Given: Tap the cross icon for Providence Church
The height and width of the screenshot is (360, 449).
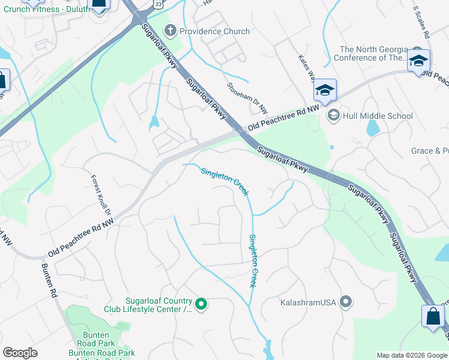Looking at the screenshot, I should (170, 31).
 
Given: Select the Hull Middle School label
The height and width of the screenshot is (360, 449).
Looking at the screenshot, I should (378, 116).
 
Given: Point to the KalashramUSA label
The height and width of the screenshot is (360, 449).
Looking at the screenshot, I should (307, 302).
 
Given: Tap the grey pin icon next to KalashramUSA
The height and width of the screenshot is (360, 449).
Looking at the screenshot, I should (346, 301).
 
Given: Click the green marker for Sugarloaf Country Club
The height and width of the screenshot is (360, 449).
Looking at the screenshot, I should (201, 305).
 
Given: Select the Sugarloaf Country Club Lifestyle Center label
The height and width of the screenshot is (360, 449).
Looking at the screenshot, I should (158, 305).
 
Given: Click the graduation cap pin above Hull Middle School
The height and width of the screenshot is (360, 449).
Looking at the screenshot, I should (324, 90).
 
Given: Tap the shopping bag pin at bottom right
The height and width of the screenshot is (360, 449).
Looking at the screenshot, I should (433, 316).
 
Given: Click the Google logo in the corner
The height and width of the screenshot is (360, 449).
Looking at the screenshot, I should (20, 353).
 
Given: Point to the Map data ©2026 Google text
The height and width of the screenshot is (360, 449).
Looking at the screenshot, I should (411, 355).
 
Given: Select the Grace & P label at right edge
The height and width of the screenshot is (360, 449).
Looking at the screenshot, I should (430, 151).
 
